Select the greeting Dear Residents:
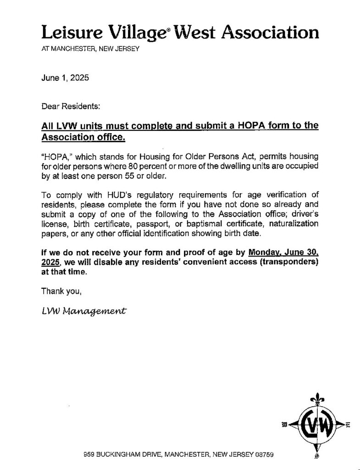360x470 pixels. [71, 106]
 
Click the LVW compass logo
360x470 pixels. [316, 425]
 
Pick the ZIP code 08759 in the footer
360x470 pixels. [264, 455]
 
